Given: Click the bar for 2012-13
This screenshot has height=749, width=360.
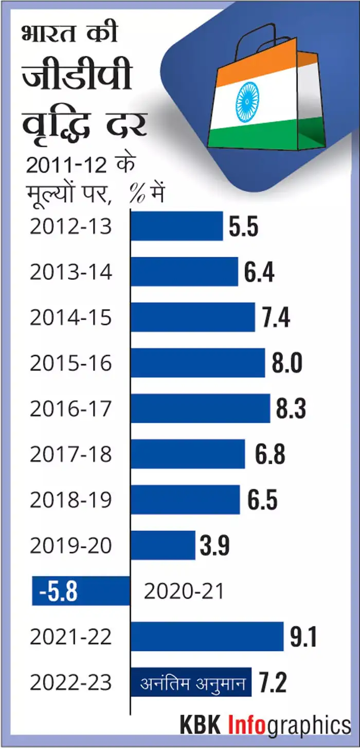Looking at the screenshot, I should coord(176,226).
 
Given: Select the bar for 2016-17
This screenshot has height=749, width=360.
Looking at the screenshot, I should coord(200,408).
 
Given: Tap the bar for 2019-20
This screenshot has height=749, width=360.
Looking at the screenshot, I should coord(163,545).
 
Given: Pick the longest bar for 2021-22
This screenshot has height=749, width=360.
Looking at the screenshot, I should coord(207,636).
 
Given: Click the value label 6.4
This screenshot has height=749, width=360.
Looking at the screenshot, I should coord(259,272).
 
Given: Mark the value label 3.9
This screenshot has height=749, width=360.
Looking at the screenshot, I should coord(215,546).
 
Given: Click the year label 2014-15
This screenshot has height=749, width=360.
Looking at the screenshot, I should coord(70,318).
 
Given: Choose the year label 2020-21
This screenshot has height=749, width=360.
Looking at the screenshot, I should coord(184,592).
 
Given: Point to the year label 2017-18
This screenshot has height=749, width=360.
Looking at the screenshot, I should coord(70,454).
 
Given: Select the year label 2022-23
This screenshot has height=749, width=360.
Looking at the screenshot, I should coord(70,683).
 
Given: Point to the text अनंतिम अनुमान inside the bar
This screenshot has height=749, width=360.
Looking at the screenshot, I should coord(191,683).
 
